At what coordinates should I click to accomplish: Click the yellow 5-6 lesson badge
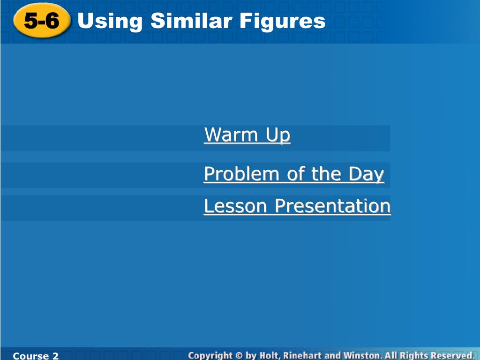point(42,21)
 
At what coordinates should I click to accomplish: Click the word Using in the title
point(110,22)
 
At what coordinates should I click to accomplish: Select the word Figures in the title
point(282,22)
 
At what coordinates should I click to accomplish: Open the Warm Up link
point(247,135)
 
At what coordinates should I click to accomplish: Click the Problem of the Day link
point(294,174)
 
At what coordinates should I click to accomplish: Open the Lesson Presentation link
point(297,206)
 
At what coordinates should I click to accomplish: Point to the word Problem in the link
point(242,174)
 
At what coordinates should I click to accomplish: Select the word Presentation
point(333,206)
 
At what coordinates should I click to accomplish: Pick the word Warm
point(231,135)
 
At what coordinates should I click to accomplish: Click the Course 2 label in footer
point(36,356)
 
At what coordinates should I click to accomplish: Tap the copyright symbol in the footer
point(239,356)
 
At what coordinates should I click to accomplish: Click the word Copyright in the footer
point(210,356)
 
